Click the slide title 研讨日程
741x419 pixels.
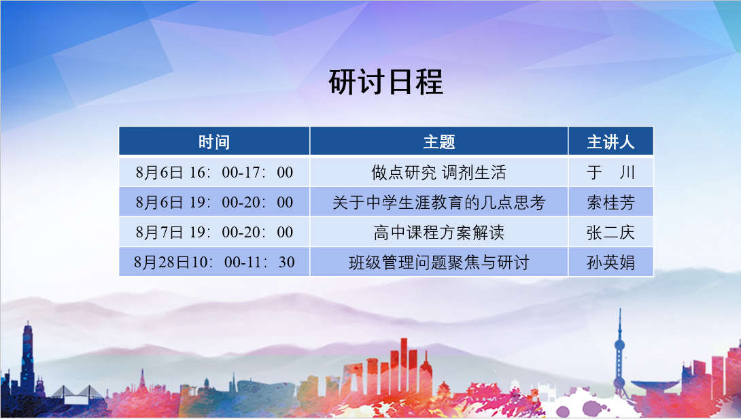tap(385, 82)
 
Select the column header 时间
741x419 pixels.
tap(214, 141)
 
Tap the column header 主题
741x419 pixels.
tap(438, 141)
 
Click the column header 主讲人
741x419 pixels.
tap(610, 141)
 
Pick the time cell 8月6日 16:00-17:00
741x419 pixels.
tap(214, 172)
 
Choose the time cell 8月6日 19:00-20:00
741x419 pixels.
tap(214, 202)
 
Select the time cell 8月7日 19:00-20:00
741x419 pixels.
tap(214, 233)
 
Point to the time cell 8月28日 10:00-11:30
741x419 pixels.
tap(214, 262)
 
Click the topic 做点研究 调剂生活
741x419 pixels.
tap(438, 172)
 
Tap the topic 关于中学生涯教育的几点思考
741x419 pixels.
tap(438, 202)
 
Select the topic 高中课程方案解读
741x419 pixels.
tap(438, 233)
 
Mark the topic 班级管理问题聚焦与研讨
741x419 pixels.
tap(438, 262)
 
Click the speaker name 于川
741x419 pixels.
tap(610, 172)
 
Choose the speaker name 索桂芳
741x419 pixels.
tap(610, 202)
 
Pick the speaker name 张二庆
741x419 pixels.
tap(610, 233)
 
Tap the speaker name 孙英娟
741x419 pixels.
tap(610, 262)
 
